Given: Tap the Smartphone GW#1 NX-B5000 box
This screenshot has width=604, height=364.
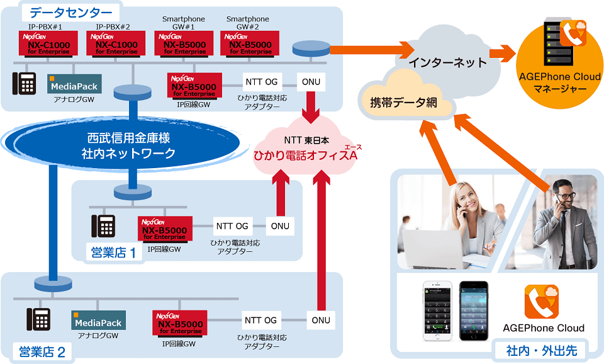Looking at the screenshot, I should pyautogui.click(x=181, y=45).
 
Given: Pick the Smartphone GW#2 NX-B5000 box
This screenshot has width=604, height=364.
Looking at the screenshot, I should pyautogui.click(x=246, y=45).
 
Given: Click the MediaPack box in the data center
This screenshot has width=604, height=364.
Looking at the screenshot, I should pyautogui.click(x=74, y=84).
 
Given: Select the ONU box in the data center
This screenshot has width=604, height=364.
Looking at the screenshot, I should pyautogui.click(x=310, y=81).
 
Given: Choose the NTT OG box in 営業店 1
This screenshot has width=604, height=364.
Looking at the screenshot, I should pyautogui.click(x=232, y=226).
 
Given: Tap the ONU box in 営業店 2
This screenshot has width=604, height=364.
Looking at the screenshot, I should pyautogui.click(x=321, y=320).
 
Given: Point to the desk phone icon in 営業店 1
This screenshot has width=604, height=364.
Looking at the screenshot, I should pyautogui.click(x=103, y=226).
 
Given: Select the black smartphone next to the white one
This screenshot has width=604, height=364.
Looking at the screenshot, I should pyautogui.click(x=473, y=310).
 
